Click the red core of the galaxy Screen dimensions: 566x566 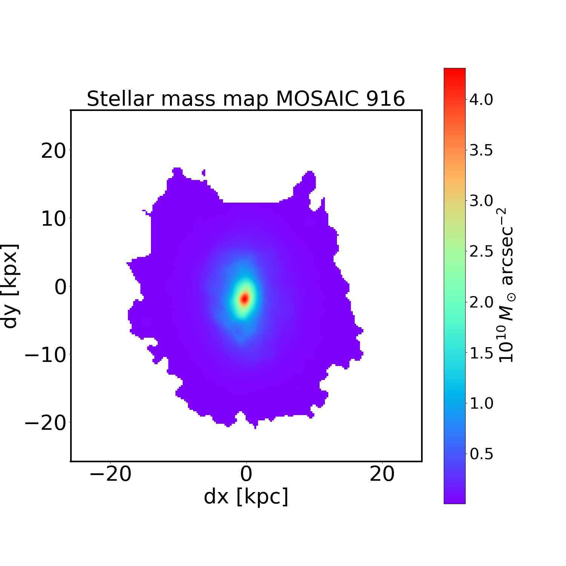245,298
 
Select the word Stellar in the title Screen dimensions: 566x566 121,99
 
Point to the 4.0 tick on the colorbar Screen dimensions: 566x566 481,100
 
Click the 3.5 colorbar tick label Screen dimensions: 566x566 481,151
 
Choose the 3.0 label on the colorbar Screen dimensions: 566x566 481,201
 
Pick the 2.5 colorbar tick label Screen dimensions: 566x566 481,252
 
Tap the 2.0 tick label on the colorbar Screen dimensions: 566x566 481,302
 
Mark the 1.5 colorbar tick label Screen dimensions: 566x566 481,353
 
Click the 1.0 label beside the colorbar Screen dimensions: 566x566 481,404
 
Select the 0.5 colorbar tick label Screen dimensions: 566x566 481,454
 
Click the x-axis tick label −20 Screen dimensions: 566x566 110,474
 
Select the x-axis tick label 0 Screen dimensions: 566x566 246,474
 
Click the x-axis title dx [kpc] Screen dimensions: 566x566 246,497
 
